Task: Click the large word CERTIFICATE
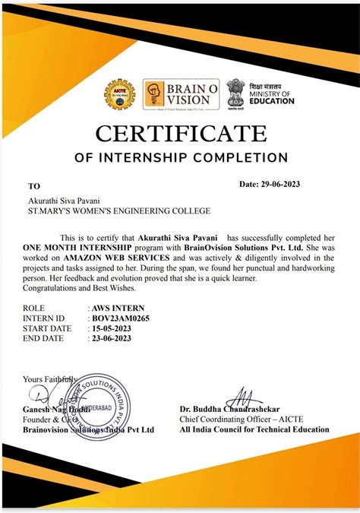181,134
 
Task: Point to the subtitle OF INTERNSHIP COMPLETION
181,158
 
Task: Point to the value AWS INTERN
117,309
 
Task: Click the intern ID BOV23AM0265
121,318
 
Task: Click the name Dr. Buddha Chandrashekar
230,410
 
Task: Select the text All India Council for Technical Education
254,429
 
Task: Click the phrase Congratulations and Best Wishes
80,288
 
